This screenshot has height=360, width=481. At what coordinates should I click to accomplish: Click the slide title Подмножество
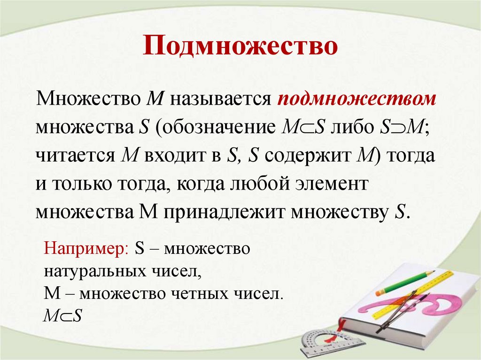pyautogui.click(x=240, y=47)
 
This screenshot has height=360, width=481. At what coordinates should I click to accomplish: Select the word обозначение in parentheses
pyautogui.click(x=218, y=128)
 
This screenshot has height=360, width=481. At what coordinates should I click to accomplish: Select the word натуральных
pyautogui.click(x=82, y=271)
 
